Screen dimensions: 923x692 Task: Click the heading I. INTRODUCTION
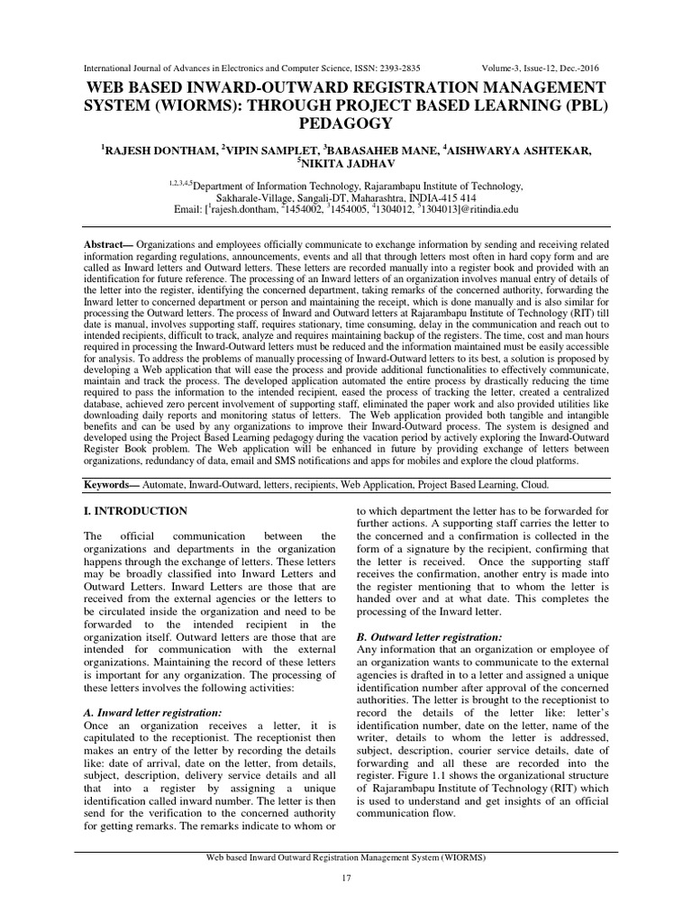coord(134,511)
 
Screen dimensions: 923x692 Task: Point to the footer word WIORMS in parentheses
coord(462,857)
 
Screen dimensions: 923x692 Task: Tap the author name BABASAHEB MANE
coord(390,151)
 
